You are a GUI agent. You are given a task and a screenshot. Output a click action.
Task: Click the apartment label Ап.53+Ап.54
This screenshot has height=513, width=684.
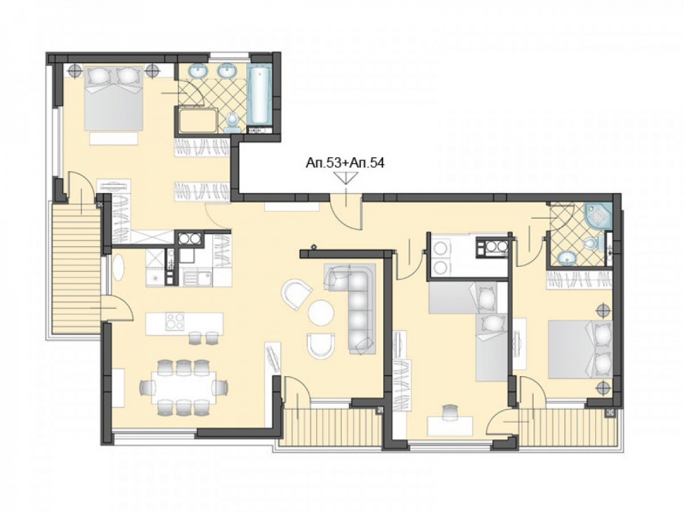345,163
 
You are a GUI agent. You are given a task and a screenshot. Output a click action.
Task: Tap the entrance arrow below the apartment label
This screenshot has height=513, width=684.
346,178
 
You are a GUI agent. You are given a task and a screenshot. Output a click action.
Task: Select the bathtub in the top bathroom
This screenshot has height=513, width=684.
260,95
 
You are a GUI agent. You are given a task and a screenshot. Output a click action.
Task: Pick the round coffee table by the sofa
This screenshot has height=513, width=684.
321,312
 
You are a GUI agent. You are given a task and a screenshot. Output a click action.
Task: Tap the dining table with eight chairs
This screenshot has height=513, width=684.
184,386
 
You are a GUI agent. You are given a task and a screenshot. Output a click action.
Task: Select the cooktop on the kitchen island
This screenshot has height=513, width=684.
175,322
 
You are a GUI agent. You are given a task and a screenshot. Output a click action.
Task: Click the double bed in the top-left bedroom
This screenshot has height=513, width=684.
113,98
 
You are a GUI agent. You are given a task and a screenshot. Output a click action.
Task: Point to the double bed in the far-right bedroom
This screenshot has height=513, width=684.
580,350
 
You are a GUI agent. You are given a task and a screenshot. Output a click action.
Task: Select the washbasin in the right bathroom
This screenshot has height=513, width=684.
567,258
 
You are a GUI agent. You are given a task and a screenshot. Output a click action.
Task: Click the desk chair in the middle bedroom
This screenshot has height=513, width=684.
450,411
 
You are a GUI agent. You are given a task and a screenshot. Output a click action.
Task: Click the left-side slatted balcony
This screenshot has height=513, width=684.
74,271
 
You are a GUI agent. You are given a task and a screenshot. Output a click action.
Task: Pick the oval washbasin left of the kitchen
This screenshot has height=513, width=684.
119,267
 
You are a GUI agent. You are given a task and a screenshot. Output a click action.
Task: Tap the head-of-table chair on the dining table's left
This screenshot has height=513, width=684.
147,387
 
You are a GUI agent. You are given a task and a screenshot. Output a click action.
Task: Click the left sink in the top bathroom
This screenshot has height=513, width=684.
200,71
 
